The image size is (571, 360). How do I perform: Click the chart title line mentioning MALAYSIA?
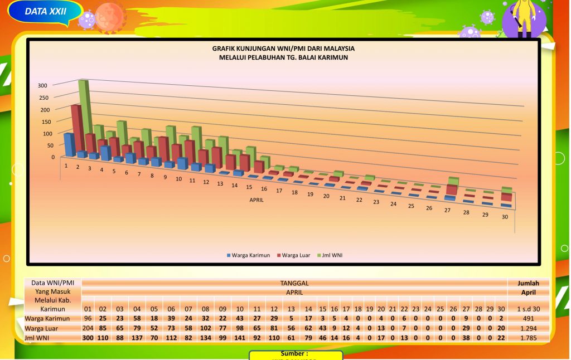pos(283,48)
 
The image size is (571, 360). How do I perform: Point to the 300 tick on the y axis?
pos(42,85)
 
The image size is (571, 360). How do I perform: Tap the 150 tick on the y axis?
pos(42,121)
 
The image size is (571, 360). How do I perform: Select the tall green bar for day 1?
pos(84,106)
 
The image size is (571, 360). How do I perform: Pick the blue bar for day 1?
pos(69,144)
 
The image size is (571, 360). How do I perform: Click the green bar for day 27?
pos(453,181)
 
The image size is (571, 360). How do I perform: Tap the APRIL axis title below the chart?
pos(256,200)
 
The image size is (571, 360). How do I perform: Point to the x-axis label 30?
pos(505,217)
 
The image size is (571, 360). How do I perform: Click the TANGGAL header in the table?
pos(294,283)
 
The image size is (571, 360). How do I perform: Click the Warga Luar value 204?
pos(88,328)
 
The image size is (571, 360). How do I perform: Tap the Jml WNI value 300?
pos(88,337)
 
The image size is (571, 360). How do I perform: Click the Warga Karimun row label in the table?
pos(47,319)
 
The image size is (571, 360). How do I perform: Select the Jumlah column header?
pos(528,283)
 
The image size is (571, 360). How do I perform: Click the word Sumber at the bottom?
pos(295,354)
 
